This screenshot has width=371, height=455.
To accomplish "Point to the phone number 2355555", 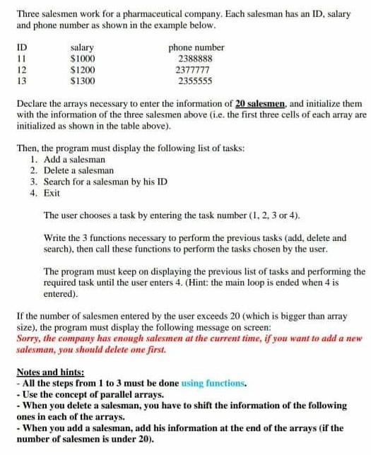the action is click(x=195, y=81).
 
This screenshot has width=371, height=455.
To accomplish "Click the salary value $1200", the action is click(x=83, y=70).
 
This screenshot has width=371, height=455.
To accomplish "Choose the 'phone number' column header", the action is click(x=196, y=47).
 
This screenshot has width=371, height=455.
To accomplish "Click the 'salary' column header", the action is click(x=83, y=47).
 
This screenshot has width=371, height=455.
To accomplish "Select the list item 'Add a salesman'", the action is click(x=74, y=159).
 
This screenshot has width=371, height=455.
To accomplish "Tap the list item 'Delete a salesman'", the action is click(x=78, y=170).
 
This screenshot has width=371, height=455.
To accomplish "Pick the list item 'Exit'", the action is click(x=52, y=193).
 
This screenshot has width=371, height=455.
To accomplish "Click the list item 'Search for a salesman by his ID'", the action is click(x=105, y=182).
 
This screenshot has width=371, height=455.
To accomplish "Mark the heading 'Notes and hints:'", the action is click(x=50, y=372).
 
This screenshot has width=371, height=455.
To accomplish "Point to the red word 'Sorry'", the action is click(x=28, y=338).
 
